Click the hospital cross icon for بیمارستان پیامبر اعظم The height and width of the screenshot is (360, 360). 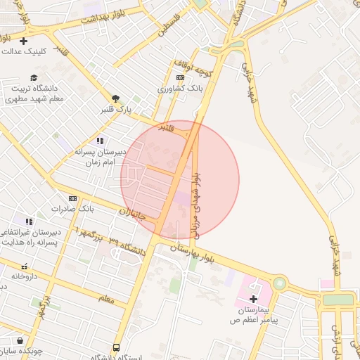(253, 299)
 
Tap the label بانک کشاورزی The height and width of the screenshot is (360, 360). (180, 89)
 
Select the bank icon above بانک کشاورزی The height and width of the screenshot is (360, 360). (180, 77)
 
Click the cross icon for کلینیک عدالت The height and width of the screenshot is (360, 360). (24, 41)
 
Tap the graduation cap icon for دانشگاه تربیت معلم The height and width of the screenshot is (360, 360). (34, 77)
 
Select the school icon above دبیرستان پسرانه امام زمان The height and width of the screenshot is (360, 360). (100, 141)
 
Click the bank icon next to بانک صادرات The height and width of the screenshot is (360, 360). (72, 198)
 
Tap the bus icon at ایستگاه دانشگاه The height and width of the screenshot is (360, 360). (116, 347)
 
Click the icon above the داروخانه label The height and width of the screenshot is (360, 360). (24, 266)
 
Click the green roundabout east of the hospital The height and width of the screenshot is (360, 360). (280, 284)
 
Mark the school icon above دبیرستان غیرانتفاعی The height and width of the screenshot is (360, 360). (29, 221)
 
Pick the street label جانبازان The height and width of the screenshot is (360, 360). (131, 212)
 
